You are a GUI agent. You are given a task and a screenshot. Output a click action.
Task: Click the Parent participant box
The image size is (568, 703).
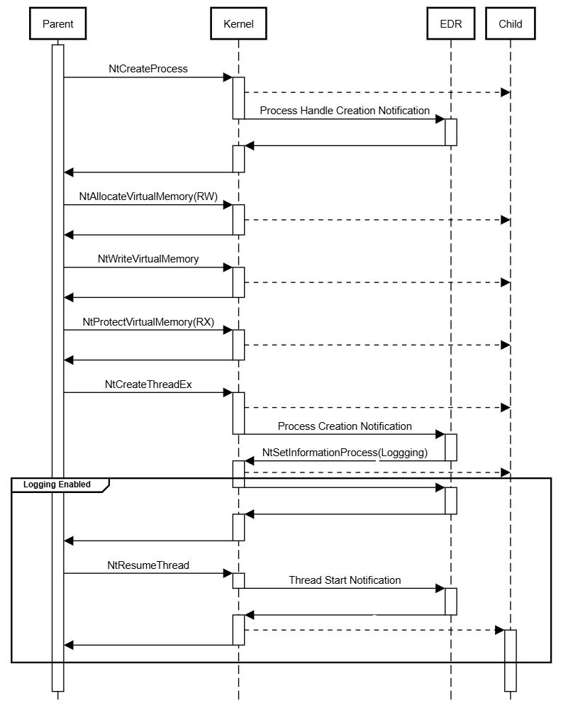pos(58,24)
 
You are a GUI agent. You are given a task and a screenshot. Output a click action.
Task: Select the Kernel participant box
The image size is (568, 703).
pos(238,24)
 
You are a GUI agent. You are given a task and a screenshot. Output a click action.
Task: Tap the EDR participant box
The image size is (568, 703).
pos(450,24)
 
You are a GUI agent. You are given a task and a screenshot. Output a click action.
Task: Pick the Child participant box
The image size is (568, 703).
pos(510,24)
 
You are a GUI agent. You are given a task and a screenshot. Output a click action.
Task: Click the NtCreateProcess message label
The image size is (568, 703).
pos(148,69)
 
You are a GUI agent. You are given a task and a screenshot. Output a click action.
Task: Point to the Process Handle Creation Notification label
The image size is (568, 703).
pos(345,110)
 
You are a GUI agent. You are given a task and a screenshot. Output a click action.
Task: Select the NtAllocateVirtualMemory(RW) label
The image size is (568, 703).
pos(148,196)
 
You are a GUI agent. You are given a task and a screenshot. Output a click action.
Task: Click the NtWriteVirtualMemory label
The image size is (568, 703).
pos(148,259)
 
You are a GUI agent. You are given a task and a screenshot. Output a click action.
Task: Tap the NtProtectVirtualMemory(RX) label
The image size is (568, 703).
pos(148,321)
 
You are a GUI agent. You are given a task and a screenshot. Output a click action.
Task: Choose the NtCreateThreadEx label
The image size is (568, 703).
pos(148,384)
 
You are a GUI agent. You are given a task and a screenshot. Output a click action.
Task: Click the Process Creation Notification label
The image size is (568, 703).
pos(345,426)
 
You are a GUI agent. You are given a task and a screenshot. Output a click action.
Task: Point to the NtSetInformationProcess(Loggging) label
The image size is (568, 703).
pos(345,452)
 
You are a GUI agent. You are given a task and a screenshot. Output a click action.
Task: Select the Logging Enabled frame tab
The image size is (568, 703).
pos(58,485)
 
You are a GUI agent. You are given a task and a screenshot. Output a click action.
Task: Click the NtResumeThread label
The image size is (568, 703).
pos(148,565)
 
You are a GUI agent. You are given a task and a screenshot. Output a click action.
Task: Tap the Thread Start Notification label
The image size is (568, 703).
pos(345,580)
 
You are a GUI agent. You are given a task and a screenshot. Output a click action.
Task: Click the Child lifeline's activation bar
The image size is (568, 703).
pos(510,660)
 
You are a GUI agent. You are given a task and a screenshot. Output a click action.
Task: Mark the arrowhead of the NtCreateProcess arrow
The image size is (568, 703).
pos(228,77)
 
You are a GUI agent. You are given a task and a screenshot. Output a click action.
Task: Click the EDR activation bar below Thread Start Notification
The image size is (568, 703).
pos(450,601)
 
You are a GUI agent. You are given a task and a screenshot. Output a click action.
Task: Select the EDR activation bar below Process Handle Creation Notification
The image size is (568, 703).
pos(450,132)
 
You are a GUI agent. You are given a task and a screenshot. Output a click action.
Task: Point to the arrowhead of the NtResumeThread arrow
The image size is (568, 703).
pos(228,574)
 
